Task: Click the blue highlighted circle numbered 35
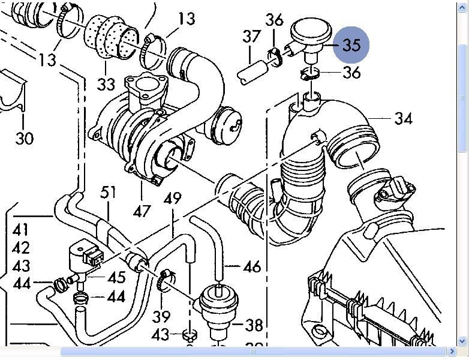click(352, 45)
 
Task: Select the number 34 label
click(403, 118)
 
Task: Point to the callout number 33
click(106, 83)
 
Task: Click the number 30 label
click(25, 139)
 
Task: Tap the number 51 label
click(108, 193)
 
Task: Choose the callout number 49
click(172, 199)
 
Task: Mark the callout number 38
click(254, 325)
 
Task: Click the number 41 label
click(21, 230)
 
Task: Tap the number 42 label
click(21, 248)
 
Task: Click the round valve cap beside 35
click(310, 32)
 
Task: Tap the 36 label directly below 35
click(351, 73)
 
